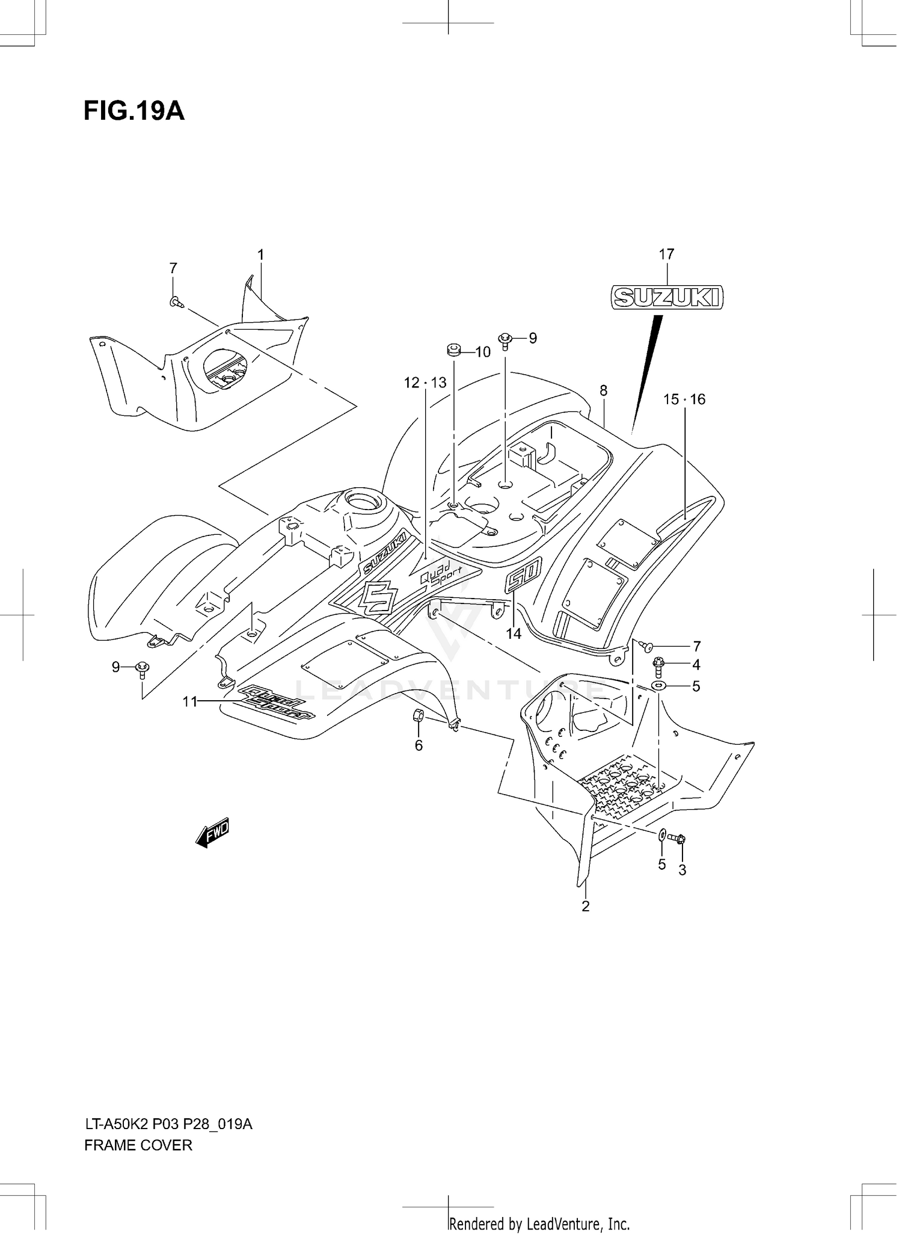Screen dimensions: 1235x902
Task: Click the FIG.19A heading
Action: [133, 111]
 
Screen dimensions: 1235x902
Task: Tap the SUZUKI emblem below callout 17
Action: [667, 297]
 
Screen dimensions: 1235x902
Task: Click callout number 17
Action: [666, 254]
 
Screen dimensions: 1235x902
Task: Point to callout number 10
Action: [483, 352]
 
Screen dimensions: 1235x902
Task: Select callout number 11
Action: [190, 701]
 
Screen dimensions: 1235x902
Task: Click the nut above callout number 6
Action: [419, 715]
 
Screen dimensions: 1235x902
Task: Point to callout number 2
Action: [586, 906]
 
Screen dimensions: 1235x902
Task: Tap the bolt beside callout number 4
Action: [659, 664]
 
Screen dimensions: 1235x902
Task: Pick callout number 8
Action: [603, 390]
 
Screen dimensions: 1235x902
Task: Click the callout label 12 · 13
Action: [425, 383]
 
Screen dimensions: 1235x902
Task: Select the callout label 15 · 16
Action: [684, 399]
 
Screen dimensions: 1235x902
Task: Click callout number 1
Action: [261, 255]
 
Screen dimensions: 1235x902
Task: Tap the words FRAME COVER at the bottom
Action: [138, 1145]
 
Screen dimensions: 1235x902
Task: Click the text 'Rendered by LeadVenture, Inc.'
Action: [539, 1224]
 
